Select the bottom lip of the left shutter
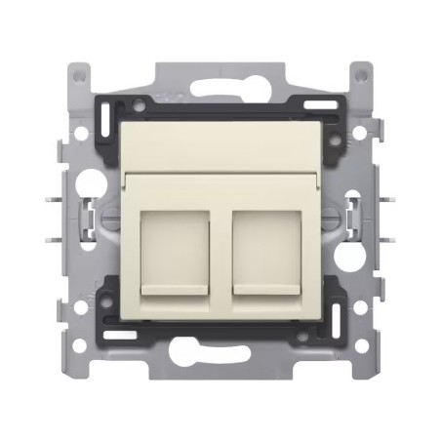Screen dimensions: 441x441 pyautogui.click(x=177, y=290)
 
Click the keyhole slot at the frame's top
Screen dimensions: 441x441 pyautogui.click(x=220, y=87)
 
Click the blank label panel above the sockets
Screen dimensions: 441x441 pyautogui.click(x=220, y=146)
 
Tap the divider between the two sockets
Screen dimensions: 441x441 pyautogui.click(x=220, y=249)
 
